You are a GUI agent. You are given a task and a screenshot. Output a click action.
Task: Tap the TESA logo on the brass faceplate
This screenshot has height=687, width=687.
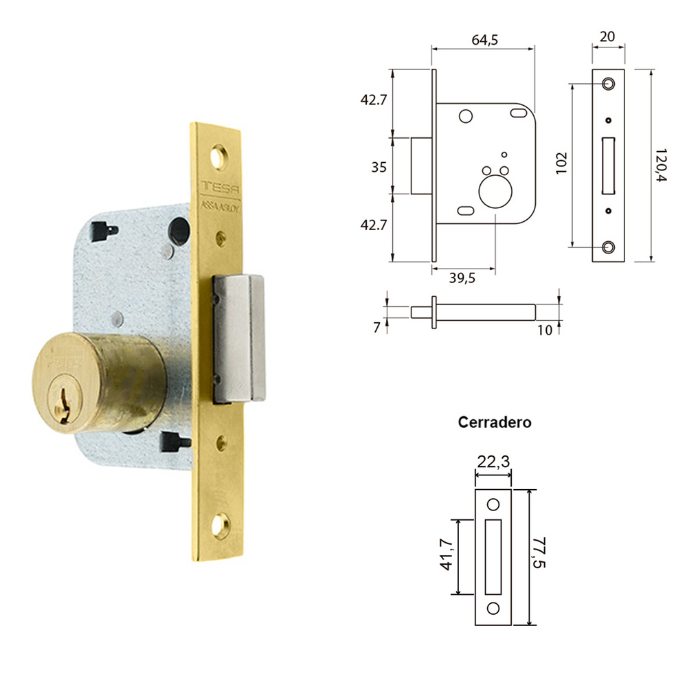click(218, 188)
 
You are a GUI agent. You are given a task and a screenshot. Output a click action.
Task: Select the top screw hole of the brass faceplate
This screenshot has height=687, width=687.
click(220, 155)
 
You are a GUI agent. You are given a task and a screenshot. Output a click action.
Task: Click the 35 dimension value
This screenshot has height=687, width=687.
click(379, 167)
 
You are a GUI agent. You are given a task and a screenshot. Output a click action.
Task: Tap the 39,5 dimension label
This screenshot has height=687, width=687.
click(462, 279)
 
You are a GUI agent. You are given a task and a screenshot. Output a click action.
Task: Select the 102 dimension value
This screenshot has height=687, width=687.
click(561, 165)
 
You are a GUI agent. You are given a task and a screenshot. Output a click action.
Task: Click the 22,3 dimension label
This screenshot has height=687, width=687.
click(493, 462)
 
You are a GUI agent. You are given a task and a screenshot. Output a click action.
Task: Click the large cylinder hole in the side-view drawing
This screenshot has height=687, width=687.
click(494, 190)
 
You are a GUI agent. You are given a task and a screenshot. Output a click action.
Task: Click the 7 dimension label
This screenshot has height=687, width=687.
click(376, 328)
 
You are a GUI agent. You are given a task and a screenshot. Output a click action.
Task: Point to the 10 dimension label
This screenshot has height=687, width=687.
click(545, 330)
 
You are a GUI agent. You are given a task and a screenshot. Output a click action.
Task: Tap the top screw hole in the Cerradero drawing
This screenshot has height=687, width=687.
click(493, 505)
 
